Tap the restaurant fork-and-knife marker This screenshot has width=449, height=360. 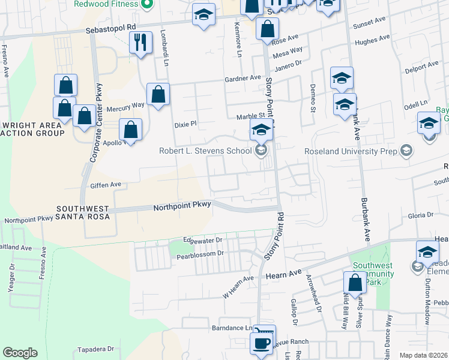[x=140, y=43]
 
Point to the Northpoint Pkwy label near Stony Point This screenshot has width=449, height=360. [x=182, y=206]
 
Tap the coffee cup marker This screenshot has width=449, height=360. [x=261, y=344]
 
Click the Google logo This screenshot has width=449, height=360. [x=20, y=353]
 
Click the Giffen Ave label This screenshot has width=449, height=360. [x=106, y=185]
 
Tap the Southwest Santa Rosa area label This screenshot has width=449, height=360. [x=83, y=212]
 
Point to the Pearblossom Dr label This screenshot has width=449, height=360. [x=200, y=256]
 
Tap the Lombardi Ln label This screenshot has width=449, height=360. [x=163, y=43]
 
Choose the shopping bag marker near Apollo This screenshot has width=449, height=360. [x=130, y=129]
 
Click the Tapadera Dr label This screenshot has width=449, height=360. [x=95, y=349]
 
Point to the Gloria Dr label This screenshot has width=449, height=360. [x=421, y=215]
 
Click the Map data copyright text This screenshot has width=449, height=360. [x=424, y=355]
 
